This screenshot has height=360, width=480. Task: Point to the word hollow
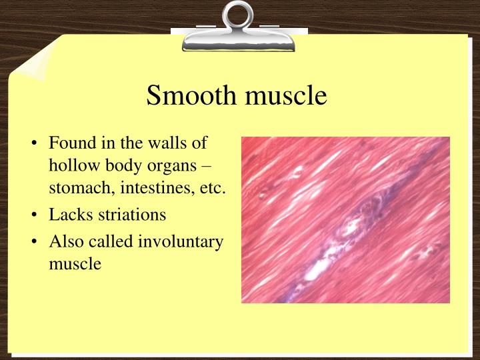pos(71,166)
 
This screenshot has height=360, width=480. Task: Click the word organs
pos(176,166)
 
